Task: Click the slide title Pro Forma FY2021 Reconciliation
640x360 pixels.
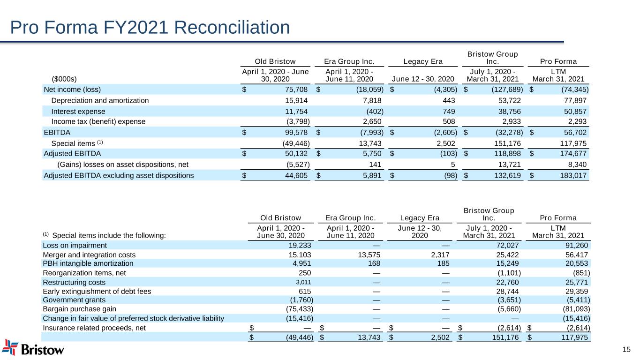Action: [150, 28]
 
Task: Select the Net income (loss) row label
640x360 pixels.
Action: [72, 89]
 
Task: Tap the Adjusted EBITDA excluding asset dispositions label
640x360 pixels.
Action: [118, 176]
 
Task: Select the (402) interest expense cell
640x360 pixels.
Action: [375, 111]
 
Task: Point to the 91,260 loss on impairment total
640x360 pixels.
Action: [576, 245]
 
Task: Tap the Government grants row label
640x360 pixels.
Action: [74, 300]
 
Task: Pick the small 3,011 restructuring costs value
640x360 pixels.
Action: [304, 282]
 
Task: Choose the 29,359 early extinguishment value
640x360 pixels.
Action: [576, 291]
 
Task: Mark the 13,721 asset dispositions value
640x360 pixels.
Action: [508, 164]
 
